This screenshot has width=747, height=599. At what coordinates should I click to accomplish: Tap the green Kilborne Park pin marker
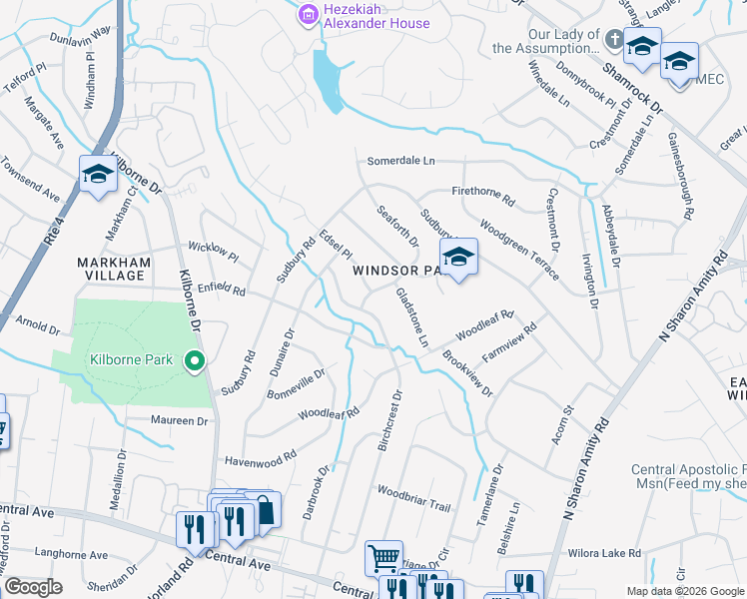pos(196,360)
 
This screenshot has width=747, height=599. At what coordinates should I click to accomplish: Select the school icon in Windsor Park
pos(458,257)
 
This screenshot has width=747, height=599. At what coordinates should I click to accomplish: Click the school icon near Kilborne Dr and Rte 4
pos(98,175)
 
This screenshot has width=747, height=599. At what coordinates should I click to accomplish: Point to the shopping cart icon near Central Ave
pos(382,557)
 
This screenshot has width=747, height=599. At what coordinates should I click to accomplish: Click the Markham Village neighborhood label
pos(113,271)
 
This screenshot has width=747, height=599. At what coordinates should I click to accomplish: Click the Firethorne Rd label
pos(483,200)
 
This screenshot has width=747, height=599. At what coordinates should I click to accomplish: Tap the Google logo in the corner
pos(33,587)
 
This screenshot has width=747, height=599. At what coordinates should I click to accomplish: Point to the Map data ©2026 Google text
pos(684,591)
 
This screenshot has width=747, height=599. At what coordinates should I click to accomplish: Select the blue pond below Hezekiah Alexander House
pos(328,75)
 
